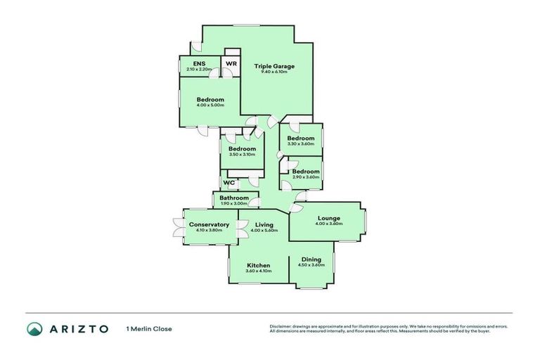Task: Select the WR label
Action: click(231, 64)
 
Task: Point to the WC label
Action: click(229, 183)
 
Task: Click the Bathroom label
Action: click(234, 198)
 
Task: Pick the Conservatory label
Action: click(209, 224)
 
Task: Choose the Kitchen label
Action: click(258, 265)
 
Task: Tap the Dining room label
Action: click(311, 259)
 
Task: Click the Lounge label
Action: click(329, 218)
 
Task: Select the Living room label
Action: click(264, 224)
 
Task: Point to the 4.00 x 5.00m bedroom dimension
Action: click(210, 105)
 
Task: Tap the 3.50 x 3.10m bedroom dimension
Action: click(241, 155)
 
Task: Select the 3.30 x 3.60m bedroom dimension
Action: click(300, 144)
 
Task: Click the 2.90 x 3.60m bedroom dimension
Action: click(306, 177)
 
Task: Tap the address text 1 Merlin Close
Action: click(148, 328)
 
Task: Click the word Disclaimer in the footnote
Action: click(281, 326)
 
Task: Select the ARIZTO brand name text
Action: click(79, 328)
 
